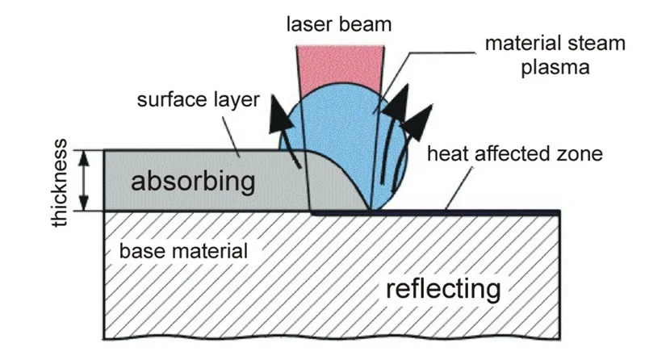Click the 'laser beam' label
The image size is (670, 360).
tap(339, 25)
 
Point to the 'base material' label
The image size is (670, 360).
tap(183, 250)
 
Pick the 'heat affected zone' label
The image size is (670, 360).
tap(514, 154)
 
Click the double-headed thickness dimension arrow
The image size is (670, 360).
tap(83, 180)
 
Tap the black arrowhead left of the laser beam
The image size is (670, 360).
tap(282, 110)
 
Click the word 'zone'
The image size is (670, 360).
tap(580, 154)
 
